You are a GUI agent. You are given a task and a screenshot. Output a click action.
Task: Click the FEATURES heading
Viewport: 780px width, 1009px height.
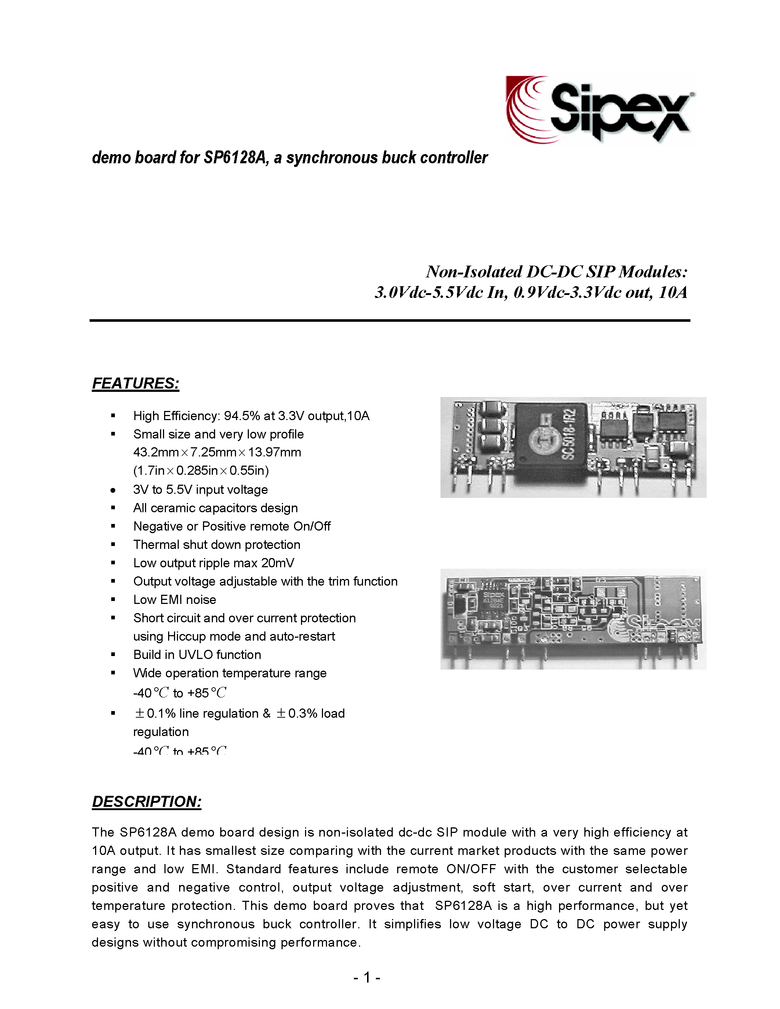click(x=135, y=383)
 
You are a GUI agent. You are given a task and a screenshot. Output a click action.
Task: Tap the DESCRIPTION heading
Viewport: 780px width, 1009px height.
click(x=146, y=802)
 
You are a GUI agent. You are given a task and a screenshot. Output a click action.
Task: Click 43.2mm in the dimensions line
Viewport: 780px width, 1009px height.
click(x=156, y=452)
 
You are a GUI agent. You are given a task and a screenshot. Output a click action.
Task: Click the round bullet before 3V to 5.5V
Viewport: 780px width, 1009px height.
click(x=113, y=490)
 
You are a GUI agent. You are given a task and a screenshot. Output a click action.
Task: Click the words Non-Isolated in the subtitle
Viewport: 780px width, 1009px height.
click(x=474, y=272)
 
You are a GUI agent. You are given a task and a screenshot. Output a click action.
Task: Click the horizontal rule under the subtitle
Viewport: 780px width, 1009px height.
click(x=389, y=320)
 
